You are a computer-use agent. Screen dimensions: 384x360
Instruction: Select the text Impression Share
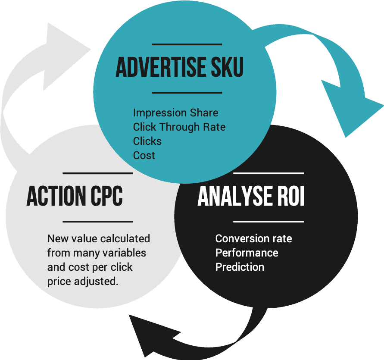click(175, 113)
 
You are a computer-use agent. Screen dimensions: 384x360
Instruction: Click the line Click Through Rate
click(179, 127)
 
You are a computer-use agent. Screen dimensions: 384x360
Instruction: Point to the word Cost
click(144, 155)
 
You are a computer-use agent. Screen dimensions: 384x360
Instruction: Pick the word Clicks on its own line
click(147, 141)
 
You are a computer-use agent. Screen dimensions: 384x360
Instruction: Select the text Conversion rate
click(254, 238)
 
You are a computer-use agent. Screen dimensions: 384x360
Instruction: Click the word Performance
click(247, 253)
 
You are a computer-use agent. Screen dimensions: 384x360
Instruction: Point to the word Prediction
click(240, 267)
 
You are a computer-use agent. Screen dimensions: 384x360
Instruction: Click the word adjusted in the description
click(96, 282)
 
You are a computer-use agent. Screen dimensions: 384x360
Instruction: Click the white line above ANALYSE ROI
click(268, 173)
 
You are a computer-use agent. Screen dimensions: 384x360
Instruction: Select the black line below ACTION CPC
click(98, 222)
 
